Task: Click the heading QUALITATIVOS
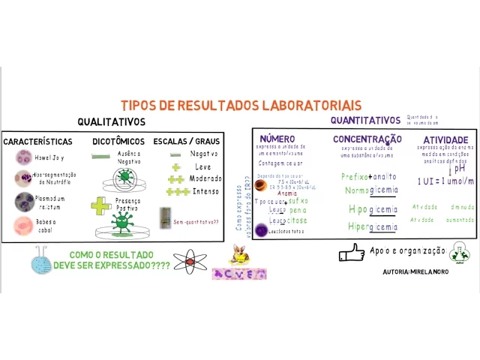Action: (x=111, y=122)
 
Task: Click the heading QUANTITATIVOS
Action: (x=365, y=121)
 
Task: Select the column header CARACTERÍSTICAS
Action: (x=38, y=142)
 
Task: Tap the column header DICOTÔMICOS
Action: (x=118, y=142)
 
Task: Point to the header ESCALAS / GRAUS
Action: (x=187, y=142)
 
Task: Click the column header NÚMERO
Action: (x=277, y=139)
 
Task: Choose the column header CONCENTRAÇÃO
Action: (x=367, y=139)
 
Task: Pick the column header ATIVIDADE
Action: (x=445, y=139)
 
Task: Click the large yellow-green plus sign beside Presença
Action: (x=100, y=205)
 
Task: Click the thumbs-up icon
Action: (x=351, y=253)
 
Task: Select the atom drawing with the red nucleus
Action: (x=190, y=261)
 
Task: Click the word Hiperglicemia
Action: (x=373, y=226)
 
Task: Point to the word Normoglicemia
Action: (x=371, y=191)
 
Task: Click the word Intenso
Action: (x=203, y=191)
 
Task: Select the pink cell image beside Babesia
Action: (x=23, y=226)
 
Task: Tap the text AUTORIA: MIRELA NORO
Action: (x=415, y=271)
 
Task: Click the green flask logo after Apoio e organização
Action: (x=458, y=253)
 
